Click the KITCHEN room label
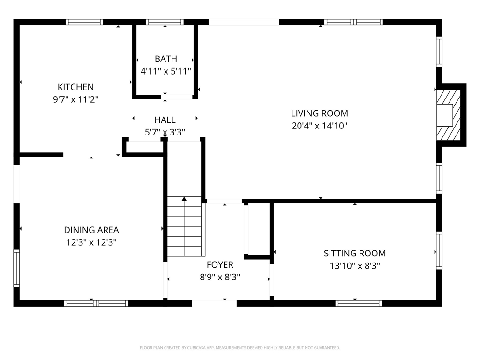(75, 87)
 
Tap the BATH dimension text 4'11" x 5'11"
(165, 71)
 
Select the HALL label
(165, 120)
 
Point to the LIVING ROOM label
(320, 113)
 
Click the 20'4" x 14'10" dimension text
(320, 126)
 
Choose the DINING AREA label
(91, 230)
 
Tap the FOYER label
(220, 264)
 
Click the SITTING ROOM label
(355, 253)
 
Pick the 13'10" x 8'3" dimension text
(355, 266)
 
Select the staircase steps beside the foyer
(184, 226)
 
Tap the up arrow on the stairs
(184, 199)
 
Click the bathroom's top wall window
(165, 22)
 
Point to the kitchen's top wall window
(84, 22)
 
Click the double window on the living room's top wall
(353, 22)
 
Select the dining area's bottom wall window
(96, 303)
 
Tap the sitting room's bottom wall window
(359, 303)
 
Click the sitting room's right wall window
(439, 250)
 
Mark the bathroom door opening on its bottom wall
(177, 97)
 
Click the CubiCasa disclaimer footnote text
(240, 348)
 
